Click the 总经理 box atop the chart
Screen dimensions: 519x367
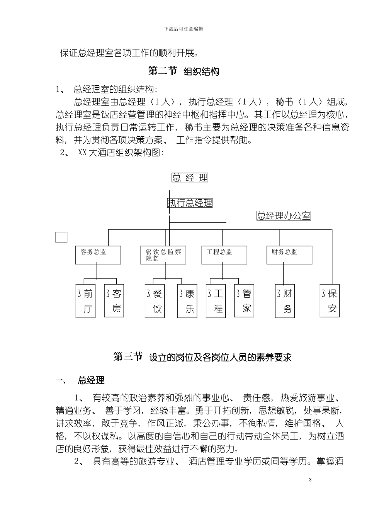190,178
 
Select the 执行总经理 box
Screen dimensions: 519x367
190,203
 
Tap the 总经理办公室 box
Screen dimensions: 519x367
284,215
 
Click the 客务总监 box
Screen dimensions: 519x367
98,255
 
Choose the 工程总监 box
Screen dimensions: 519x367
224,255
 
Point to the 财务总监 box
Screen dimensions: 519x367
289,255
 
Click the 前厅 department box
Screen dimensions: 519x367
85,301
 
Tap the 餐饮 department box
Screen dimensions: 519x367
155,301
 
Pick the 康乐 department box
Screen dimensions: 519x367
187,301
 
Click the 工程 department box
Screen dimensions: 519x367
216,301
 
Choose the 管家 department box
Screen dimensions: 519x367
245,301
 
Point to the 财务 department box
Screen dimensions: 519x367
285,301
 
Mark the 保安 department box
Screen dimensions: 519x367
330,301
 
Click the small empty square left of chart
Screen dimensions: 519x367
61,237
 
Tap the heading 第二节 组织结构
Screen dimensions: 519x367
184,71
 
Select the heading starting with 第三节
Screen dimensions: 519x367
202,357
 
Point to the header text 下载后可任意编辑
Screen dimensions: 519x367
183,29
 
